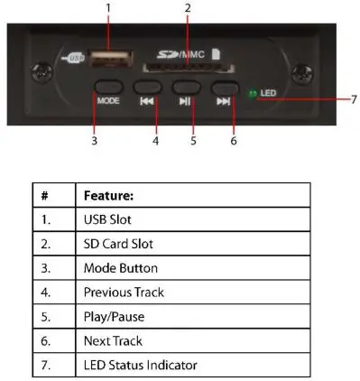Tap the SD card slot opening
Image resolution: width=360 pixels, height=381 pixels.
186,70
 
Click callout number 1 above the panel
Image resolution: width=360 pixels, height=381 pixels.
108,7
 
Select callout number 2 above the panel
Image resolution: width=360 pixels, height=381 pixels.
188,7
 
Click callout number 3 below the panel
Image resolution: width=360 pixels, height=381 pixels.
94,141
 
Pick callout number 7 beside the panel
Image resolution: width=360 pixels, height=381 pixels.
353,98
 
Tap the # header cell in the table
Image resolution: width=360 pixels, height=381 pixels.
45,195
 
